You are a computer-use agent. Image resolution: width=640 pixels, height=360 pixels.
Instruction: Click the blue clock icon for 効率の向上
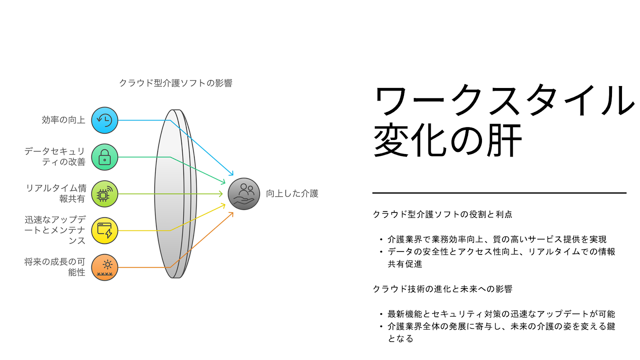tap(105, 120)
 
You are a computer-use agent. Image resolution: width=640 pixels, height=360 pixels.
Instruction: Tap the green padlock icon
tap(105, 157)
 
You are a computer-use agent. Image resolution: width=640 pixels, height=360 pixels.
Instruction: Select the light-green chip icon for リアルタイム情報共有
tap(105, 194)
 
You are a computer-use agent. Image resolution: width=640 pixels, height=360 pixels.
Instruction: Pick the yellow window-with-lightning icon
tap(105, 231)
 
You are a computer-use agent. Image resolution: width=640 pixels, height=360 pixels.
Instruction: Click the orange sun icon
tap(105, 268)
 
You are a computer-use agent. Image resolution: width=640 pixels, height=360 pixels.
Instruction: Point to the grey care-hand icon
tap(244, 194)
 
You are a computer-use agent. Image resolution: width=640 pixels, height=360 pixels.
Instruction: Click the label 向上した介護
tap(292, 194)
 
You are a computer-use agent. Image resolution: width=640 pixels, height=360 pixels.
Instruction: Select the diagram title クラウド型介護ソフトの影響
tap(176, 83)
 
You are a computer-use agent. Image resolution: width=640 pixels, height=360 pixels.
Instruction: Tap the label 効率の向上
tap(64, 120)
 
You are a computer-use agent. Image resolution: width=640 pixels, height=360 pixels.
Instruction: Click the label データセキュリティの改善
tap(55, 156)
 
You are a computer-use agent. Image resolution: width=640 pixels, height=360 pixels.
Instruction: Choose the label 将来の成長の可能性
tap(55, 267)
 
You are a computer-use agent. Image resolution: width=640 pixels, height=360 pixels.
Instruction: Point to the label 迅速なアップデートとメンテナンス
tap(55, 230)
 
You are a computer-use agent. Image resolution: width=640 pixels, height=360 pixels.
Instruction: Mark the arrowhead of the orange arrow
tap(232, 214)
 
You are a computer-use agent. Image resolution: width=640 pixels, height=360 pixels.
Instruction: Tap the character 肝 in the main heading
tap(504, 140)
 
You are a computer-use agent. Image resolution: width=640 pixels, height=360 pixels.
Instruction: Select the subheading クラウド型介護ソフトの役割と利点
tap(442, 214)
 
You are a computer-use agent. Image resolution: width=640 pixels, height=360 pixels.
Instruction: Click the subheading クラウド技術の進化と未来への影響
tap(442, 289)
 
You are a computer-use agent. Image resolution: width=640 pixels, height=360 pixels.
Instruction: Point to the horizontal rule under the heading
tap(499, 193)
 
